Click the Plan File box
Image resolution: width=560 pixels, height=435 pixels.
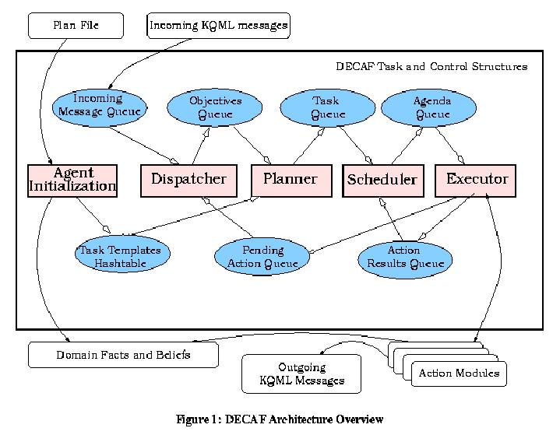[76, 25]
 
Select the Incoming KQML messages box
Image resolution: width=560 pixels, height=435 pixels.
[218, 25]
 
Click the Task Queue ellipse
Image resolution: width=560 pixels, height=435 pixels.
[326, 108]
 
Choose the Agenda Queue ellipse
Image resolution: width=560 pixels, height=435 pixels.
[432, 108]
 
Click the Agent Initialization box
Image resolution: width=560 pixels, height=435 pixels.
[72, 181]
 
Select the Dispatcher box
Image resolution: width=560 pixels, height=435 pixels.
[188, 180]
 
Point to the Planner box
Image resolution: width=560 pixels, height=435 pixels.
[290, 180]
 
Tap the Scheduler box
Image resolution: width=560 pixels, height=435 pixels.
[382, 181]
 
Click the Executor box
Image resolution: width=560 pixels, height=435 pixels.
[476, 180]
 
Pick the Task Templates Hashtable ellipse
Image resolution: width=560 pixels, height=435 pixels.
[122, 257]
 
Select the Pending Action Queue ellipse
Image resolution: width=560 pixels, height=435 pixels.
[261, 257]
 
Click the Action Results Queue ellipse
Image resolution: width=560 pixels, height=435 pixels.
[405, 257]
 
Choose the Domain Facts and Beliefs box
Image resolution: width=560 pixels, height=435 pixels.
[123, 356]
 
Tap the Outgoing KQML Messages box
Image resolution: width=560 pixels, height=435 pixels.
[301, 374]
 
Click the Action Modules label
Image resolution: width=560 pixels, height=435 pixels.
[459, 374]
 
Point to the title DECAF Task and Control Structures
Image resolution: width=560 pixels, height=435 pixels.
[431, 67]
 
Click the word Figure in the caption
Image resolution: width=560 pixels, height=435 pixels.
[192, 419]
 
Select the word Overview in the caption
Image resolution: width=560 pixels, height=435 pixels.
[359, 419]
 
